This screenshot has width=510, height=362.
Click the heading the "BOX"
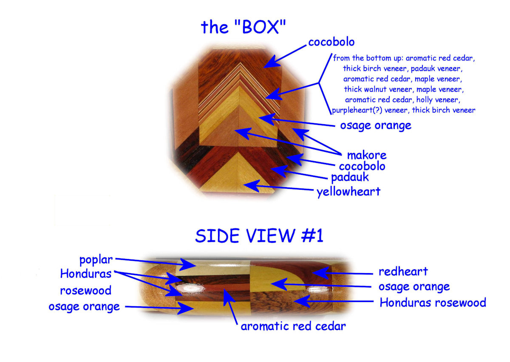243,27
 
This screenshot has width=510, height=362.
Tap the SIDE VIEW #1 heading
259,235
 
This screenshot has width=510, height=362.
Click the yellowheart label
348,192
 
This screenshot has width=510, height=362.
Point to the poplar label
96,259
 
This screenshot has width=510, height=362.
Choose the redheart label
403,271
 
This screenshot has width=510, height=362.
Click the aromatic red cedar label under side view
293,326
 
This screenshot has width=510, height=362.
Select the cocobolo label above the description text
331,42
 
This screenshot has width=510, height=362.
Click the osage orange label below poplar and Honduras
84,306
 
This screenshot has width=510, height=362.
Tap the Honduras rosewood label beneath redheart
433,302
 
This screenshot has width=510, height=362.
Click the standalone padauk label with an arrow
350,177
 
